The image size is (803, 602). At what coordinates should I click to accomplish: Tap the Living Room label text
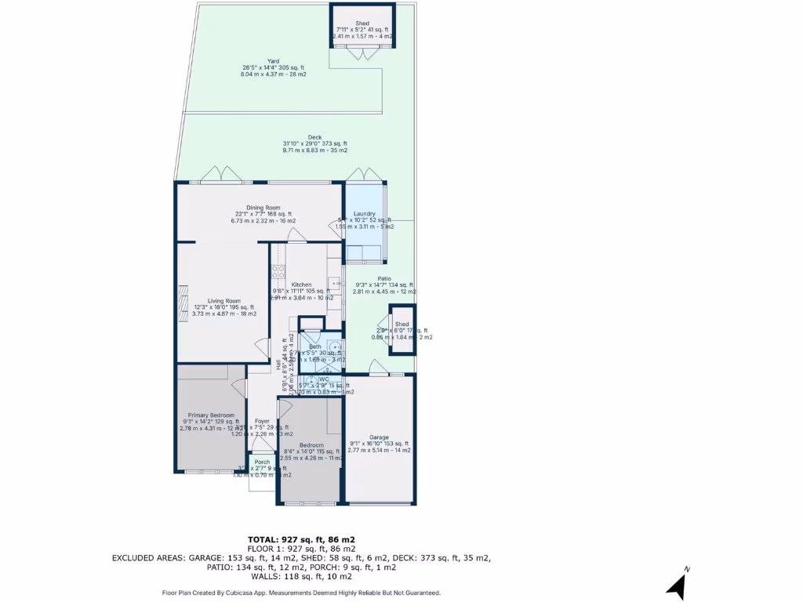point(223,301)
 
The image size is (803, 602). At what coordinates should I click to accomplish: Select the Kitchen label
point(301,285)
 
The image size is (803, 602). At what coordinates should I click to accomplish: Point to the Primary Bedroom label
point(208,415)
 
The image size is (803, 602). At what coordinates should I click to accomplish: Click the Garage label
point(380,437)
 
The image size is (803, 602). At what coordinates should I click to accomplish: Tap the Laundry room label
point(364,213)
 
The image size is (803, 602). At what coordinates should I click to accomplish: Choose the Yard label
point(273,61)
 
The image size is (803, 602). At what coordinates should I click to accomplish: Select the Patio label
point(384,277)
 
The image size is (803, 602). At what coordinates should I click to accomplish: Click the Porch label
point(262,462)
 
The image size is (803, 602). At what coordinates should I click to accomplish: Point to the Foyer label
point(262,421)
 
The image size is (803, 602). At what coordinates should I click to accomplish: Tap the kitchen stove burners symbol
point(277,273)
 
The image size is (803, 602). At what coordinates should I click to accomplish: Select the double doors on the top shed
point(362,53)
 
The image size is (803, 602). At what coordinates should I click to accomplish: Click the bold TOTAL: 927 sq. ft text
point(301,539)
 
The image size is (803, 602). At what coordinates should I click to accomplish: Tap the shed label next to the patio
point(401,324)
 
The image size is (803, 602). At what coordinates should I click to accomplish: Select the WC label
point(323,379)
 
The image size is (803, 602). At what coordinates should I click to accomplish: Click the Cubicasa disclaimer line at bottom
point(301,593)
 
